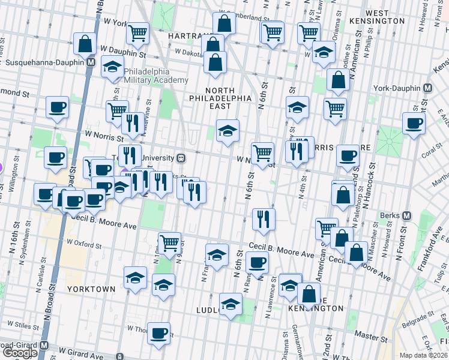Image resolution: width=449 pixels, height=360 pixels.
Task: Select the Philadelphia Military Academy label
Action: point(155,75)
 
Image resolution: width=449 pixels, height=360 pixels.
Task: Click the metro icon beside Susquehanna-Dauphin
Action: point(91,62)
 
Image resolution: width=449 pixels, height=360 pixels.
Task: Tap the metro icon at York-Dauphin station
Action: point(427,88)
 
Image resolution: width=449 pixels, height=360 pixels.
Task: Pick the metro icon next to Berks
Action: point(406,215)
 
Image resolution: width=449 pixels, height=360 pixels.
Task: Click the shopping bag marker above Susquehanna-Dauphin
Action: point(85,44)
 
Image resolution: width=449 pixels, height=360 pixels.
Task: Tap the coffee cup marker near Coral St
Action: point(414,125)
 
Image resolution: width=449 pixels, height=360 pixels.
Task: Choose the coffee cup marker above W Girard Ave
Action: point(159,333)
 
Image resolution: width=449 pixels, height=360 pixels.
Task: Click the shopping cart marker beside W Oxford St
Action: point(170,242)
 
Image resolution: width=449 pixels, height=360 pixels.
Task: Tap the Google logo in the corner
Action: point(20,353)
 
